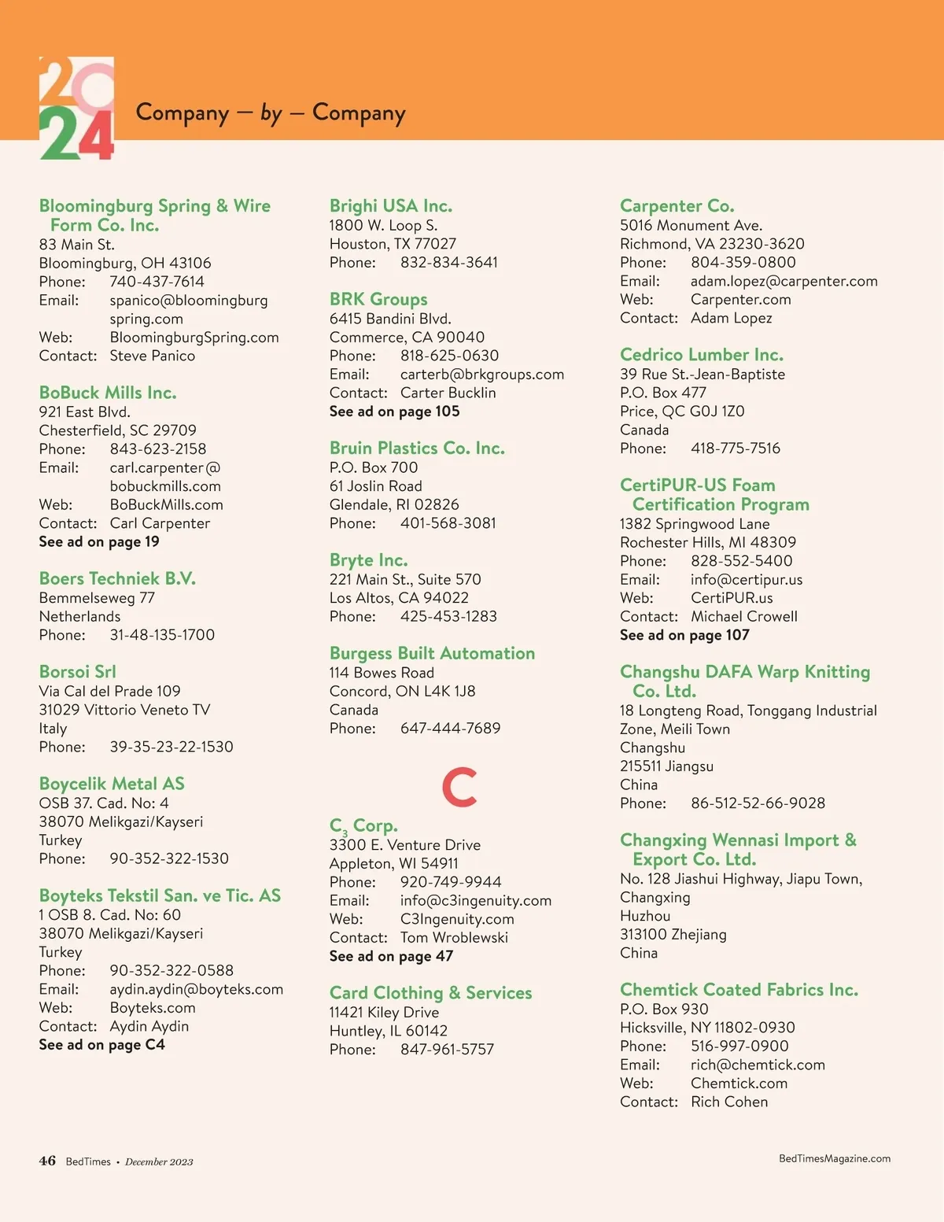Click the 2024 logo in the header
76,109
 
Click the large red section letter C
459,786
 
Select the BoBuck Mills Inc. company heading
108,393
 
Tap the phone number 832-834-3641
448,263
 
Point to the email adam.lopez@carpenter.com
784,281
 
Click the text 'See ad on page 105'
394,412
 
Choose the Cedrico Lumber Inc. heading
701,355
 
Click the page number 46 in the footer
47,1161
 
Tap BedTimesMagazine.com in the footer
834,1158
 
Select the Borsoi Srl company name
77,672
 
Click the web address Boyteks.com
153,1008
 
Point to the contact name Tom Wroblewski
454,938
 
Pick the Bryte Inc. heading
368,560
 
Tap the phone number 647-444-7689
450,729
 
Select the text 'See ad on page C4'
101,1045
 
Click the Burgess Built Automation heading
432,653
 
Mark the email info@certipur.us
747,580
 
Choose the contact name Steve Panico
152,356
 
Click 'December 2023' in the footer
159,1161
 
